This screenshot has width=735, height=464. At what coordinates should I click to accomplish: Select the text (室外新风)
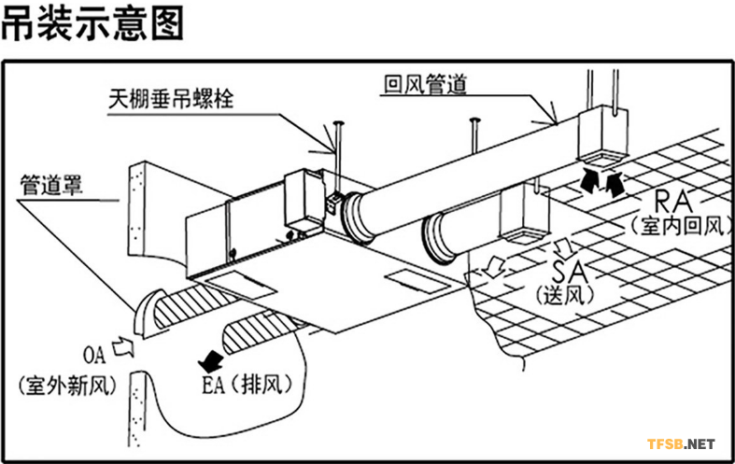[x=64, y=383]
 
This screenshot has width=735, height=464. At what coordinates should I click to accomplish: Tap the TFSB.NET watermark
[x=681, y=443]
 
